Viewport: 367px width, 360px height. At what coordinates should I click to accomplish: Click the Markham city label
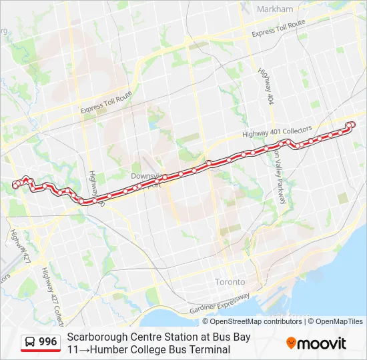pyautogui.click(x=274, y=9)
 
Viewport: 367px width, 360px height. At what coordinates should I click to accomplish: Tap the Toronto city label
pyautogui.click(x=230, y=282)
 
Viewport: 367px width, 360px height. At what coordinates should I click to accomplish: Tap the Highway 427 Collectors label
pyautogui.click(x=48, y=293)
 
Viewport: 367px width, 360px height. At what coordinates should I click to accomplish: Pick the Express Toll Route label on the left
pyautogui.click(x=105, y=103)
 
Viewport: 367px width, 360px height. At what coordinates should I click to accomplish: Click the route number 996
pyautogui.click(x=48, y=342)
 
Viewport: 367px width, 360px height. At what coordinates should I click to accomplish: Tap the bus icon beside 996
pyautogui.click(x=31, y=343)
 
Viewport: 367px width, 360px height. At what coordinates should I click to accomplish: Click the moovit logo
pyautogui.click(x=316, y=343)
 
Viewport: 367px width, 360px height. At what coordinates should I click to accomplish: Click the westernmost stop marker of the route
pyautogui.click(x=15, y=186)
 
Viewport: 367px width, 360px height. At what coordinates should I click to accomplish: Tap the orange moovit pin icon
pyautogui.click(x=292, y=343)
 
